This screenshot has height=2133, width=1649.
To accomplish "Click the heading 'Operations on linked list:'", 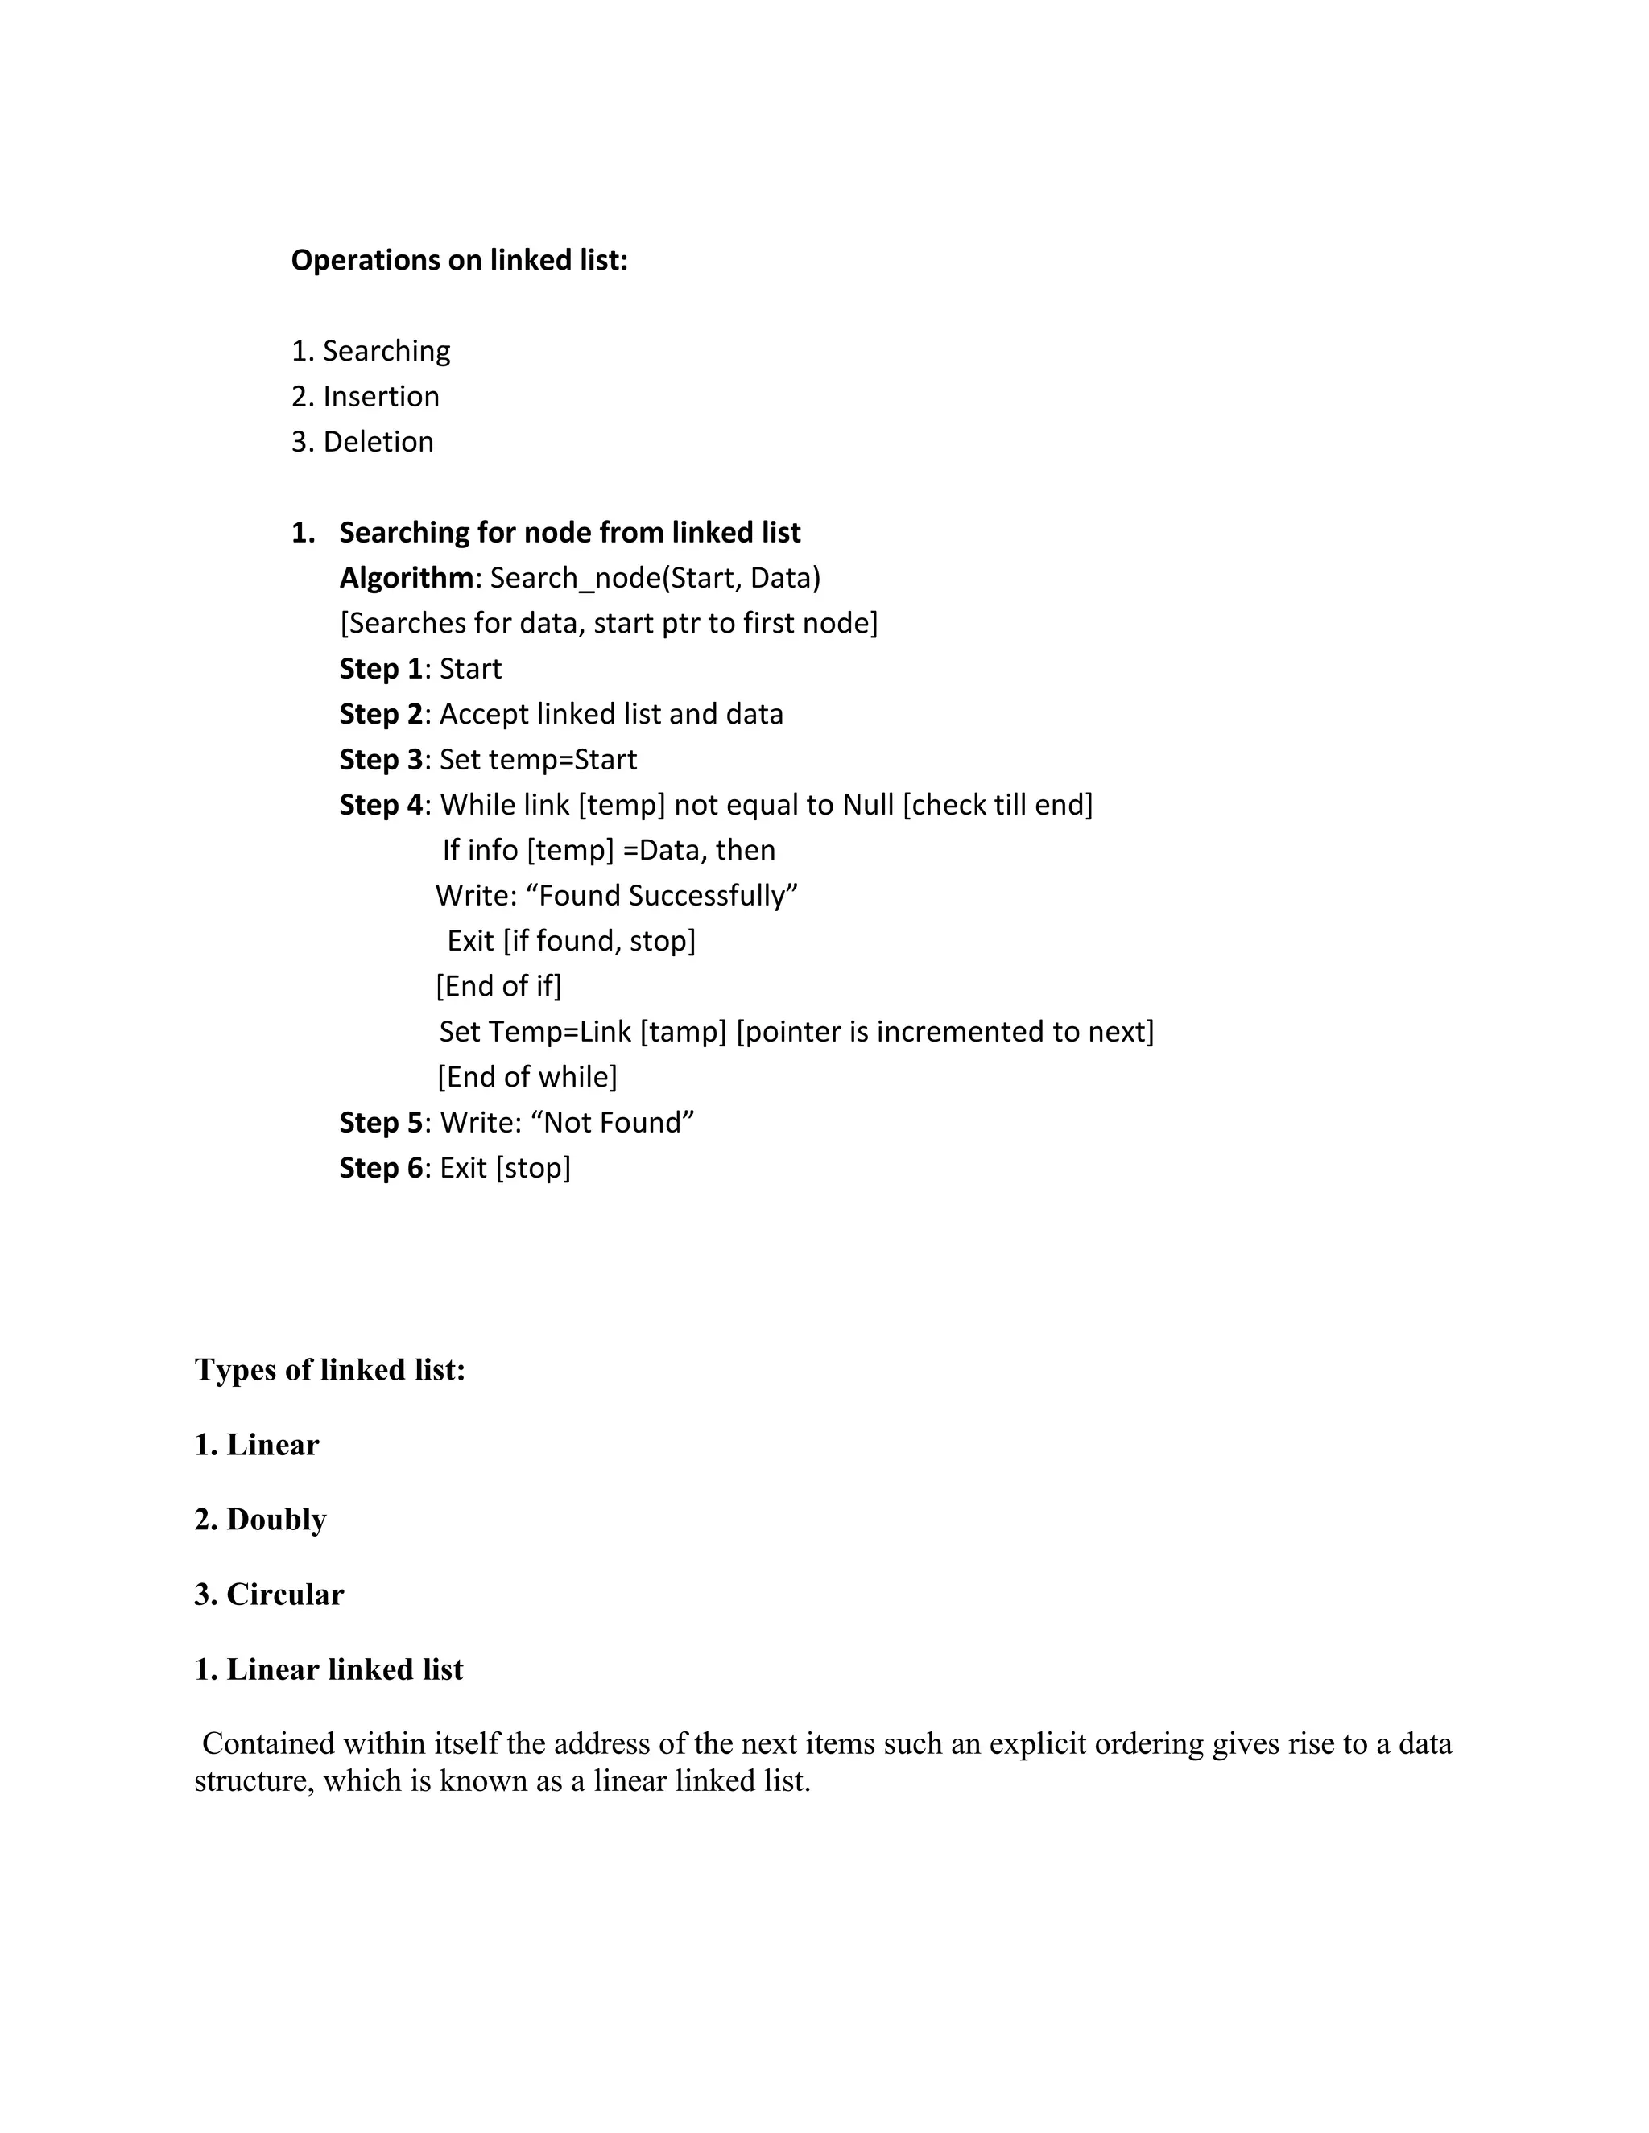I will [x=459, y=260].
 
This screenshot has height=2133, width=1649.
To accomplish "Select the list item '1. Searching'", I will [x=371, y=351].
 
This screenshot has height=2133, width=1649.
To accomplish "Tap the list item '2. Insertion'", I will [x=366, y=397].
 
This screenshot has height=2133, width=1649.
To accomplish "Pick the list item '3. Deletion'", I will [x=362, y=441].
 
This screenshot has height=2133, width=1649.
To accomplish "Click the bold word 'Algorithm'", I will [x=407, y=578].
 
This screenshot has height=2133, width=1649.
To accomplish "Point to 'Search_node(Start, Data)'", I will [x=655, y=578].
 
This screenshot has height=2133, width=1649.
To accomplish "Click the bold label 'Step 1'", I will [x=381, y=669].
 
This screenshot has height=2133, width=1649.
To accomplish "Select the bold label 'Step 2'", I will [x=381, y=714].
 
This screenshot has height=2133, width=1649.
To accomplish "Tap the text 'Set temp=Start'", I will [x=539, y=760].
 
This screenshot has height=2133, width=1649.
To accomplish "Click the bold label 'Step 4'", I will [x=381, y=805].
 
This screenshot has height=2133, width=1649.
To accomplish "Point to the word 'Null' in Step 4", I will [x=869, y=805].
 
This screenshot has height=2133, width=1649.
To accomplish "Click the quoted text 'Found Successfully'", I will [x=668, y=896].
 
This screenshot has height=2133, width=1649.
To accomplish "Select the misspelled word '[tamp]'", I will [x=683, y=1031].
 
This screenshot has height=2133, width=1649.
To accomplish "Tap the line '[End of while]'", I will [x=527, y=1077].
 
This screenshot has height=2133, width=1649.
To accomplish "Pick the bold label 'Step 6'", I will [x=381, y=1168].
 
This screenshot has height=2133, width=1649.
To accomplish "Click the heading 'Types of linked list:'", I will [x=330, y=1370].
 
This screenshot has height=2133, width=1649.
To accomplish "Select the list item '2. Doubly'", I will [x=261, y=1520].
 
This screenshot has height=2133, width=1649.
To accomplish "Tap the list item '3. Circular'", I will [x=270, y=1595].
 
